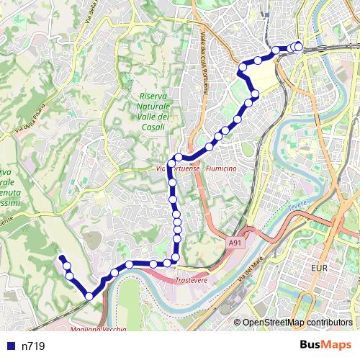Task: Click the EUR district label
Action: [320, 268]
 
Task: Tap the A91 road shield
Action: [235, 243]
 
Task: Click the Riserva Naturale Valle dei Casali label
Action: [153, 111]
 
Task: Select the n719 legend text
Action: [33, 346]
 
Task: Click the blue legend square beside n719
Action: [9, 346]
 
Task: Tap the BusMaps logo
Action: [326, 346]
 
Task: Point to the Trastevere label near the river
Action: [192, 279]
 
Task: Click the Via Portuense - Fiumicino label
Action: [196, 168]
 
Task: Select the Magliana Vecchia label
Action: [99, 329]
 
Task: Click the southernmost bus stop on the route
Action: [89, 295]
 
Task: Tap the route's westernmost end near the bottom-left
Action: [61, 257]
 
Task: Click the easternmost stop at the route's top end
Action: [299, 47]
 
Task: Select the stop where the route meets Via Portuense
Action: [171, 162]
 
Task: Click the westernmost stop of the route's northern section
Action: [243, 66]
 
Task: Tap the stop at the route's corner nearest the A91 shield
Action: [176, 257]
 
